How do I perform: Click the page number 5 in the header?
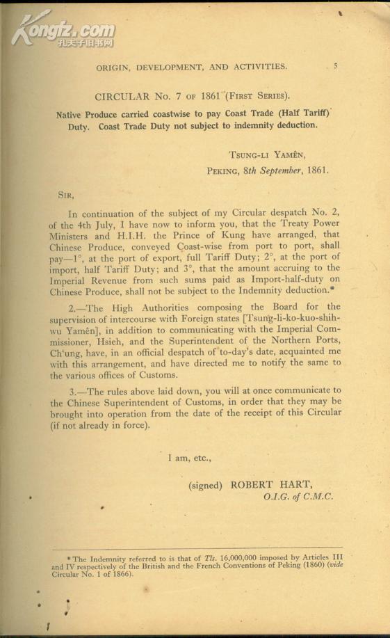pos(336,67)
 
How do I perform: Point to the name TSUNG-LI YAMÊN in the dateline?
pos(266,155)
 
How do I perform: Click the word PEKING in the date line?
pos(223,170)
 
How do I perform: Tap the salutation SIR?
pos(65,196)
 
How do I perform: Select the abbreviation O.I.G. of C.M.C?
pos(298,497)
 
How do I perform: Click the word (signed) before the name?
pos(205,486)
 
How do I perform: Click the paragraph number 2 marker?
pos(75,307)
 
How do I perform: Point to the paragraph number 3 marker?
pos(75,390)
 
